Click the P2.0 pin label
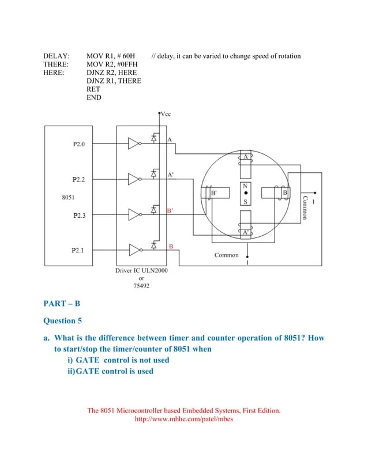78,144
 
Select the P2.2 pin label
78,180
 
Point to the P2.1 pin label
78,250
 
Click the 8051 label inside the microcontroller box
69,197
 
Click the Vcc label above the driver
166,114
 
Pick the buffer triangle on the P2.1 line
134,250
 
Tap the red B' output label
170,211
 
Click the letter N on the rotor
246,186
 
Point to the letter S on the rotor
246,202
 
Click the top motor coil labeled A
245,165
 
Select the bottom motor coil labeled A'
245,224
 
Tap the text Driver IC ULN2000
142,270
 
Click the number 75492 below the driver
142,285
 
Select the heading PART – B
62,303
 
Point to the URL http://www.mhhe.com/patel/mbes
183,419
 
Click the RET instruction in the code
93,89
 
